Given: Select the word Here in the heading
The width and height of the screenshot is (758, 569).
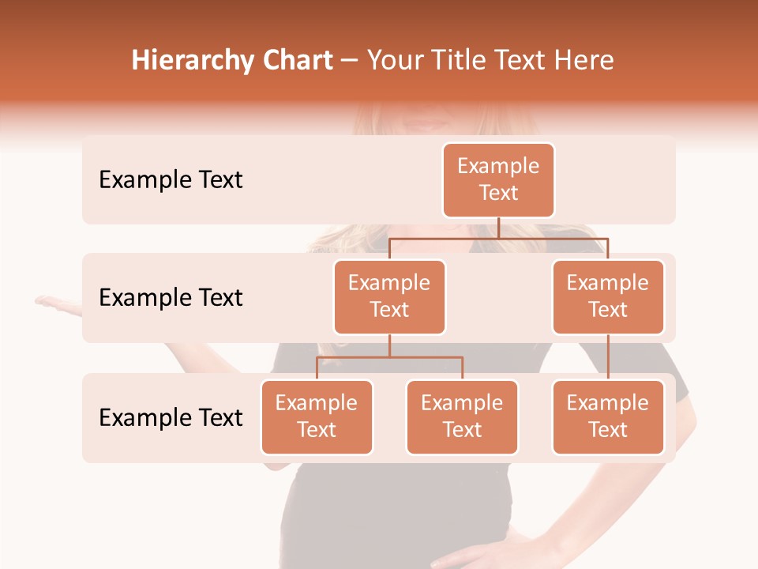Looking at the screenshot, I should pyautogui.click(x=584, y=61).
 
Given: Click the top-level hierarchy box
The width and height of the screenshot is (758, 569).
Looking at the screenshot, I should pyautogui.click(x=498, y=180).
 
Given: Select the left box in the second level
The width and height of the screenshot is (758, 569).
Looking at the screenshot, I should pyautogui.click(x=389, y=296).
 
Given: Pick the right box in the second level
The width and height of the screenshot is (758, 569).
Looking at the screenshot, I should pyautogui.click(x=608, y=296).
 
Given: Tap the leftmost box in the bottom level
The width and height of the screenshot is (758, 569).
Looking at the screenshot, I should pyautogui.click(x=317, y=416).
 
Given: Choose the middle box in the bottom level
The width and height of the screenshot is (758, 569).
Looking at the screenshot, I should pyautogui.click(x=462, y=416).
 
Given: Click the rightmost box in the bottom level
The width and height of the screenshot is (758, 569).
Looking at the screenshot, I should pyautogui.click(x=608, y=416).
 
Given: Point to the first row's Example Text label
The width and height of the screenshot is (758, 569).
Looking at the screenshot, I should pyautogui.click(x=171, y=180).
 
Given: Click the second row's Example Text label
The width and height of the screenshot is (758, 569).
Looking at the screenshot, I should pyautogui.click(x=171, y=298).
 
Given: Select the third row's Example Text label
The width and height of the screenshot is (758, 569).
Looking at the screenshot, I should pyautogui.click(x=171, y=417).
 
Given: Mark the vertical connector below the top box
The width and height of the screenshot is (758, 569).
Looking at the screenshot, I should pyautogui.click(x=498, y=228).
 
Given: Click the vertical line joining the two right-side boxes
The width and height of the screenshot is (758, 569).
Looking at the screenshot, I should pyautogui.click(x=608, y=357).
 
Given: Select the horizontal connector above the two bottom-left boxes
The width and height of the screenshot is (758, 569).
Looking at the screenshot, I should pyautogui.click(x=389, y=357).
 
